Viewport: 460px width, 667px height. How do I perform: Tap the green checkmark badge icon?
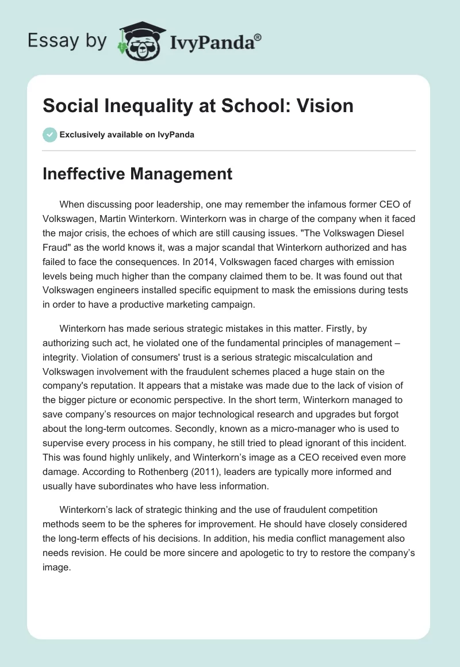pyautogui.click(x=49, y=135)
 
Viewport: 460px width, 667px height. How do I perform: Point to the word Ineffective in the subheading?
pyautogui.click(x=79, y=174)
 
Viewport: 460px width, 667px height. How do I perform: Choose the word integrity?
pyautogui.click(x=60, y=358)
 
